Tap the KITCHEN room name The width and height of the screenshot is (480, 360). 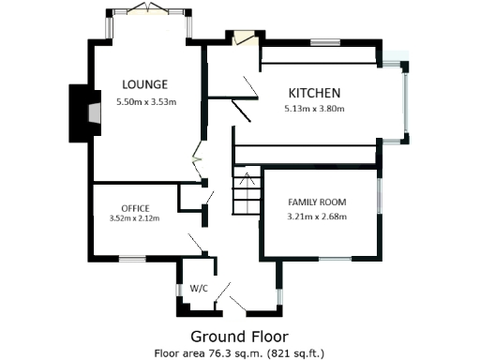[314, 93]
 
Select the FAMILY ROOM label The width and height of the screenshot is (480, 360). [317, 202]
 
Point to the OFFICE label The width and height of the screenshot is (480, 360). [135, 207]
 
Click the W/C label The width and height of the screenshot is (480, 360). [198, 289]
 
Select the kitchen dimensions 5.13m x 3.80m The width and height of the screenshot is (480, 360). [314, 109]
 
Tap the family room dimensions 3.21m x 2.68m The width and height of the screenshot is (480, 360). [317, 217]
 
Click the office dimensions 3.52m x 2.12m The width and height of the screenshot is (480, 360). [135, 218]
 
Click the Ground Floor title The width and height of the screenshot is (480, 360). [239, 336]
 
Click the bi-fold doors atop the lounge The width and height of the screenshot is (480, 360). [147, 9]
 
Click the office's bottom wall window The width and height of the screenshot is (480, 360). [131, 258]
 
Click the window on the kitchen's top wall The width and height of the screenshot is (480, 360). [324, 41]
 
